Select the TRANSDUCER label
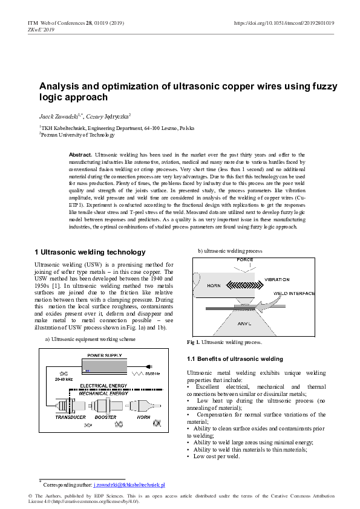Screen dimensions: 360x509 pos(71,417)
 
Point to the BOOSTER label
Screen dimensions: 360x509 pos(105,417)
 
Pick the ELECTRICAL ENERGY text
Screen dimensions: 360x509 pos(103,385)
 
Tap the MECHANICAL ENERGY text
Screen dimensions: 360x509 pos(103,393)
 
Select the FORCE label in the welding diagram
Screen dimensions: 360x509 pos(245,259)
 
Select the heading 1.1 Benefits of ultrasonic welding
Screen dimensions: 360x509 pos(235,359)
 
